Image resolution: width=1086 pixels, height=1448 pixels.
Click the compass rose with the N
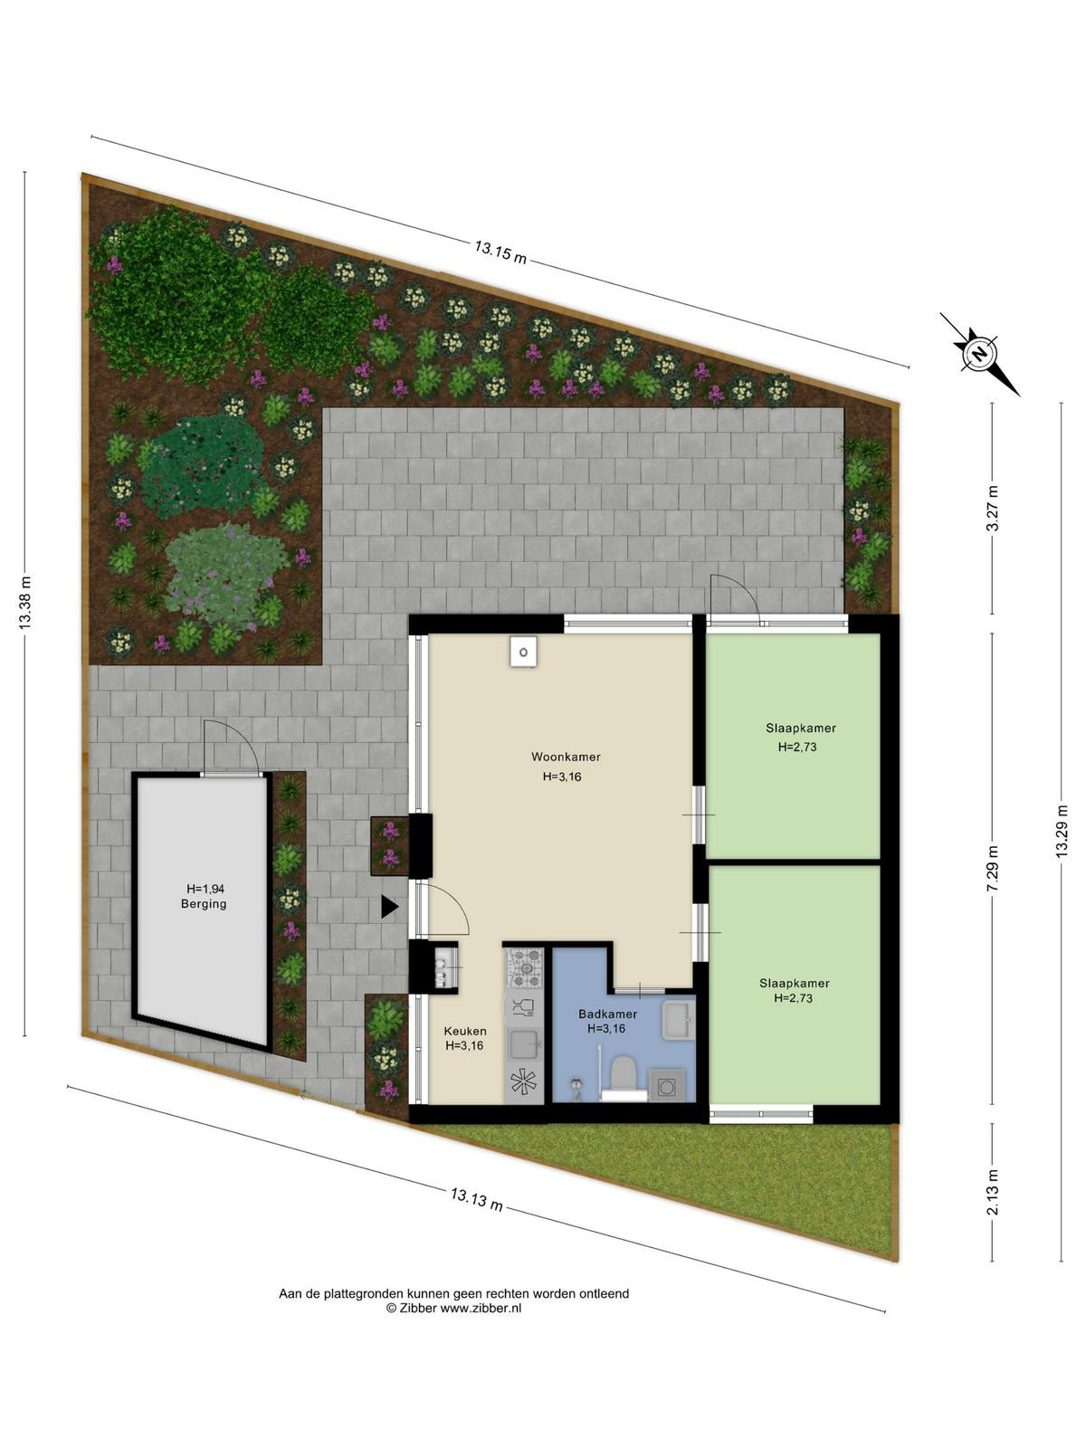980,354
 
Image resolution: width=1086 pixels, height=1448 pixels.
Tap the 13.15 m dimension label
500,252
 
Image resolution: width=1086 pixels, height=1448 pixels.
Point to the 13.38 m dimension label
25,603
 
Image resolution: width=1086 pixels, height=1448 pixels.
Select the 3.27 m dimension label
993,508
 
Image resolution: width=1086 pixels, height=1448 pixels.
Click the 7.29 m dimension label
993,868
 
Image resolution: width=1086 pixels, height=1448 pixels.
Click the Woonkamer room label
566,757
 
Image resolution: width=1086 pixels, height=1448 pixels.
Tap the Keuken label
465,1031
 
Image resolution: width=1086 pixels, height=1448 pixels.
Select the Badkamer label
607,1014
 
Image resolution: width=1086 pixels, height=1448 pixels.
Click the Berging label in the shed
204,904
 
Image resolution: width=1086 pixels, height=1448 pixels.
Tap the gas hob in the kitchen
524,967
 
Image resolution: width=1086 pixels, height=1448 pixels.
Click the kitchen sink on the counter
524,1044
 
